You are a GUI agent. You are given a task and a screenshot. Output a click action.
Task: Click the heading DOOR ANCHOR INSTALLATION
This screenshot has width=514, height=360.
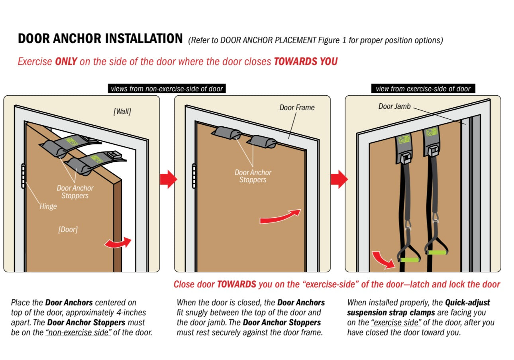[100, 39]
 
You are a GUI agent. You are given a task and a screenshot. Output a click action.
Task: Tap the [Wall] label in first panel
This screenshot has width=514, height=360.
[122, 112]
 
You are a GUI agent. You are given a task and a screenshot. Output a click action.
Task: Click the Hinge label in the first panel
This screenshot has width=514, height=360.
[48, 206]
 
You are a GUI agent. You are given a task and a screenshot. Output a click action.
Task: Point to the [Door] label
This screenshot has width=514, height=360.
[68, 230]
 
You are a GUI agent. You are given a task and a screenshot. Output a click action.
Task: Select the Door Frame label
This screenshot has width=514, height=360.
[297, 107]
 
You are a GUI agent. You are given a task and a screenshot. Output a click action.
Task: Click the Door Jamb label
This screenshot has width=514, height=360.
[394, 106]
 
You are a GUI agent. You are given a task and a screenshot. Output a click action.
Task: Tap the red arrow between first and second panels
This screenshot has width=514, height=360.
[168, 179]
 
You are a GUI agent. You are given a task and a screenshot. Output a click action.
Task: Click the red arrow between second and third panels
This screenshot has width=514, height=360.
[339, 179]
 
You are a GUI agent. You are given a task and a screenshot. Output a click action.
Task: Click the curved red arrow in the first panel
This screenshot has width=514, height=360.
[118, 242]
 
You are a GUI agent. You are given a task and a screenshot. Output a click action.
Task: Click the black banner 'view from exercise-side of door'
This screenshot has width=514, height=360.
[423, 89]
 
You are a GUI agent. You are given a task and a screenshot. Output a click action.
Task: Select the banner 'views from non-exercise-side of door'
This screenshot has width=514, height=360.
[167, 89]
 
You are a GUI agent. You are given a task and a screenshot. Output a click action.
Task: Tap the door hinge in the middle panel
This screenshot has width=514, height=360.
[194, 175]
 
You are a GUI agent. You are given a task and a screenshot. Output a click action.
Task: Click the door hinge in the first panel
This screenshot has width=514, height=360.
[24, 175]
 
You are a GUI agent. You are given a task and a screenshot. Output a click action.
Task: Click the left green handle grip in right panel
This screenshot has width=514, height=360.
[409, 260]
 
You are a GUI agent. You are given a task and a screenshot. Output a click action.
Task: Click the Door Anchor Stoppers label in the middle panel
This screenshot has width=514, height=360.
[253, 176]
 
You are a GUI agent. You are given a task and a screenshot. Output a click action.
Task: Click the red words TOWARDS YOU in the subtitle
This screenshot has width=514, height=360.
[306, 61]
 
